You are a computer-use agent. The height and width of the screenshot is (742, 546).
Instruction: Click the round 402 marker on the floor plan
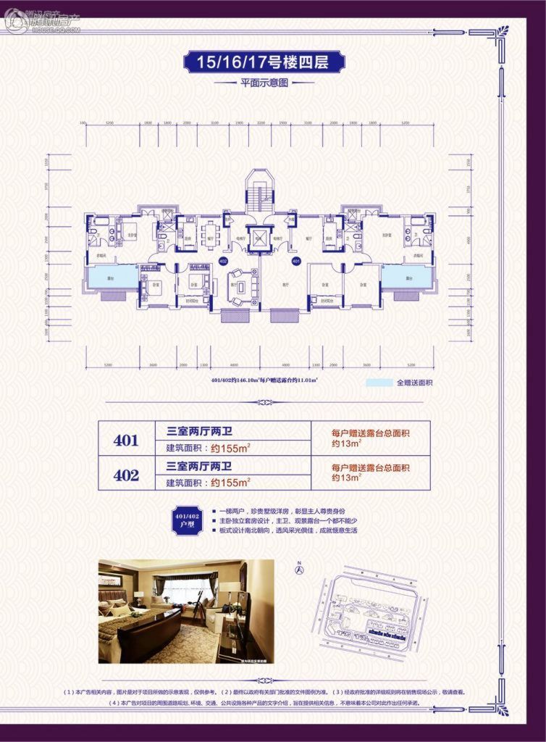tap(222, 260)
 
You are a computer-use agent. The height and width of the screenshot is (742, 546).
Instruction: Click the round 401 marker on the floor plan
tap(296, 260)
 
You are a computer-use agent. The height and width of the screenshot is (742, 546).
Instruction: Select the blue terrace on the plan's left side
tap(112, 277)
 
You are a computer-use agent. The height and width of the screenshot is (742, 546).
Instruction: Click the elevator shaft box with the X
tap(259, 238)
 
